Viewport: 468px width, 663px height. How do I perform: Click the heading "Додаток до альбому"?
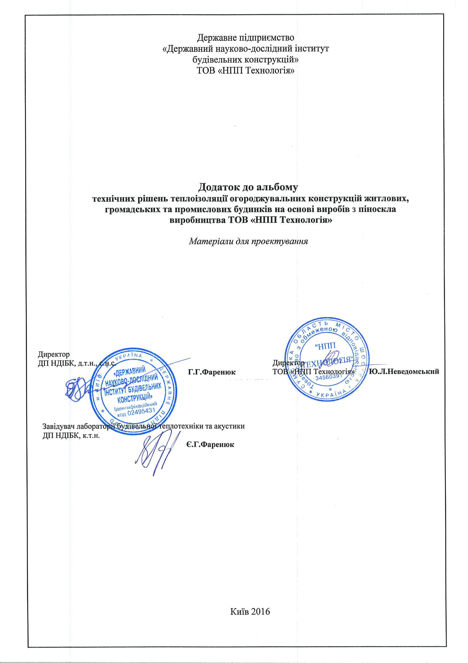click(248, 187)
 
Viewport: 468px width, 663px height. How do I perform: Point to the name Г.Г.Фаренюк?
click(212, 372)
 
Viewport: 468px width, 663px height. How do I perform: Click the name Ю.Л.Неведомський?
click(404, 372)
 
